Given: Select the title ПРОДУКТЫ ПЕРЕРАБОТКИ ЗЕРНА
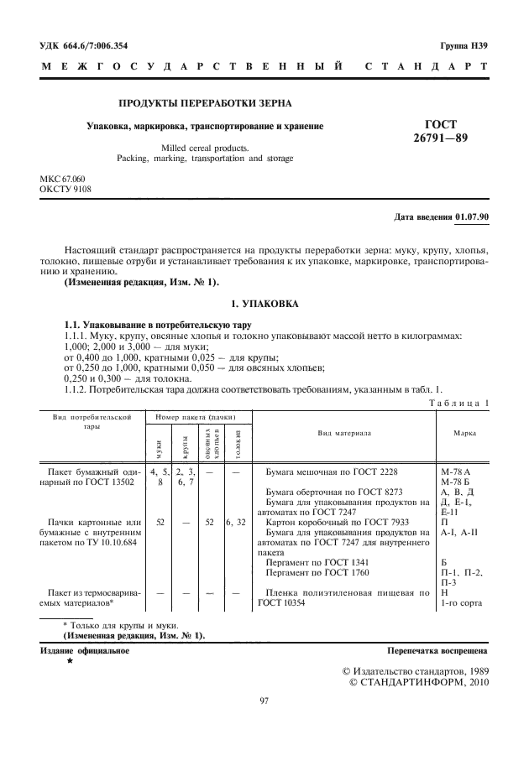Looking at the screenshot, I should click(205, 103).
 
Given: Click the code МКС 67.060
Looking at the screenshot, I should click(63, 180).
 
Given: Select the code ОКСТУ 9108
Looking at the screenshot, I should click(65, 189).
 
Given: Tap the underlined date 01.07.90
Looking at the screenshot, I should click(473, 217).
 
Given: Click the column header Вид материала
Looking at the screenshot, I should click(344, 432).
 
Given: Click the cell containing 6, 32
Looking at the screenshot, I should click(236, 521).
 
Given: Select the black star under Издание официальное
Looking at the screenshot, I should click(70, 662).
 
